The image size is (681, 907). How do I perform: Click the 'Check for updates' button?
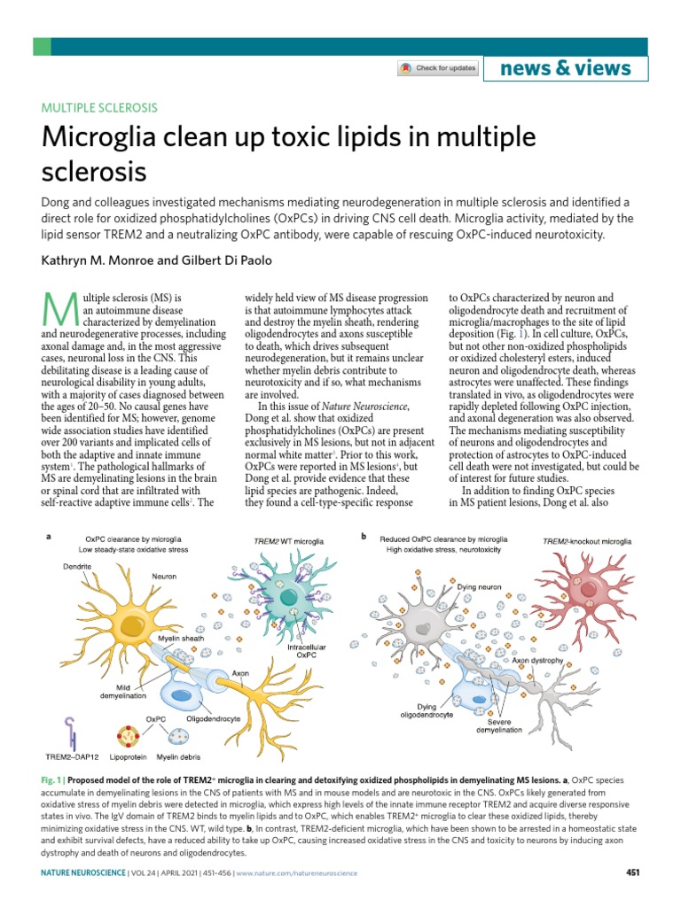(438, 68)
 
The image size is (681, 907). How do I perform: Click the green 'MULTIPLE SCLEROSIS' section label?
(99, 108)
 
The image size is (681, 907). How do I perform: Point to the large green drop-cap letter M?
(55, 308)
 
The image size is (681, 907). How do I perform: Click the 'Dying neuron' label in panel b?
(479, 586)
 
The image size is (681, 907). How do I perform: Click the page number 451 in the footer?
(632, 872)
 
